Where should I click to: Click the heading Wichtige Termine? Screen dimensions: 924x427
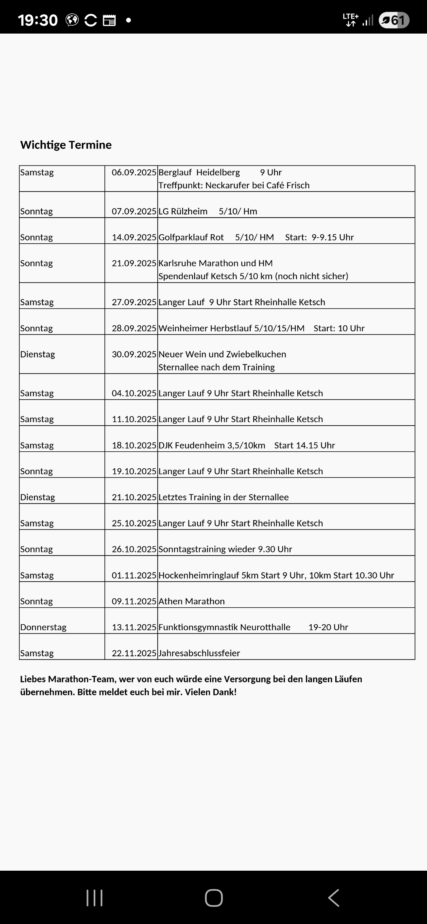point(66,145)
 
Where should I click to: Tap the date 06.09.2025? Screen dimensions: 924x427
point(134,173)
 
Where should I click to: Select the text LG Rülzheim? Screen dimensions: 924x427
point(183,211)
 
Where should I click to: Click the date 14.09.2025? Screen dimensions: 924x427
point(134,237)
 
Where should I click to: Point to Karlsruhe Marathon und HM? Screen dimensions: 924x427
point(215,263)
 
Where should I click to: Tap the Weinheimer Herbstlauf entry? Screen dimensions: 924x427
point(232,328)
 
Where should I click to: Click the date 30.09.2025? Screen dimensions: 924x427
point(134,354)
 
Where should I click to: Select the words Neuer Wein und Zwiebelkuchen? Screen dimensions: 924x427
point(222,354)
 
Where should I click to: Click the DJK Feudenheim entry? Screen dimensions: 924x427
point(212,445)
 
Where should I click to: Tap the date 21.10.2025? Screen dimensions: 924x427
point(134,497)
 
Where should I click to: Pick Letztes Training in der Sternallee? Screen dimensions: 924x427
point(223,497)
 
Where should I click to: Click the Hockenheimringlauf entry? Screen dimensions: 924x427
point(276,575)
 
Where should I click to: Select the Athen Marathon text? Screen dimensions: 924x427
point(191,601)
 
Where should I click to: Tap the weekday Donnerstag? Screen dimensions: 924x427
point(43,627)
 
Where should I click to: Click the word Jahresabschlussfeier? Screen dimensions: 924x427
point(199,654)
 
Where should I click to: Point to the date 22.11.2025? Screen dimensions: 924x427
point(134,654)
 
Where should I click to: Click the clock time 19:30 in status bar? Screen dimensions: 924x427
point(38,20)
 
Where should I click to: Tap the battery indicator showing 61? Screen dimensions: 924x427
point(394,20)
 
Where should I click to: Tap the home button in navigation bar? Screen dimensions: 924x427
point(213,898)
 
